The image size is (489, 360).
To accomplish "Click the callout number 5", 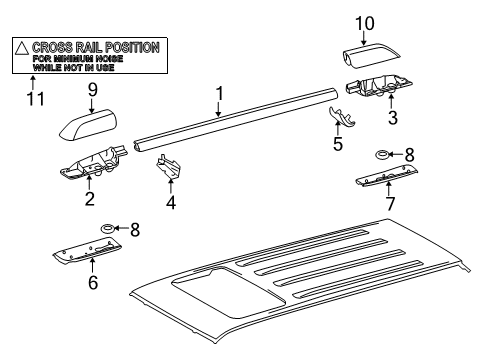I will coord(338,145).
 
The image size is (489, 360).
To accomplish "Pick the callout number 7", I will coord(390,204).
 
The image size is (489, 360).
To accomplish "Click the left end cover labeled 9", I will coord(87,126).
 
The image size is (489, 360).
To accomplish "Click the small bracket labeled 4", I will coord(167,169).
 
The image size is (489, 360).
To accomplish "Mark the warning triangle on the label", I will coord(21,47).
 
